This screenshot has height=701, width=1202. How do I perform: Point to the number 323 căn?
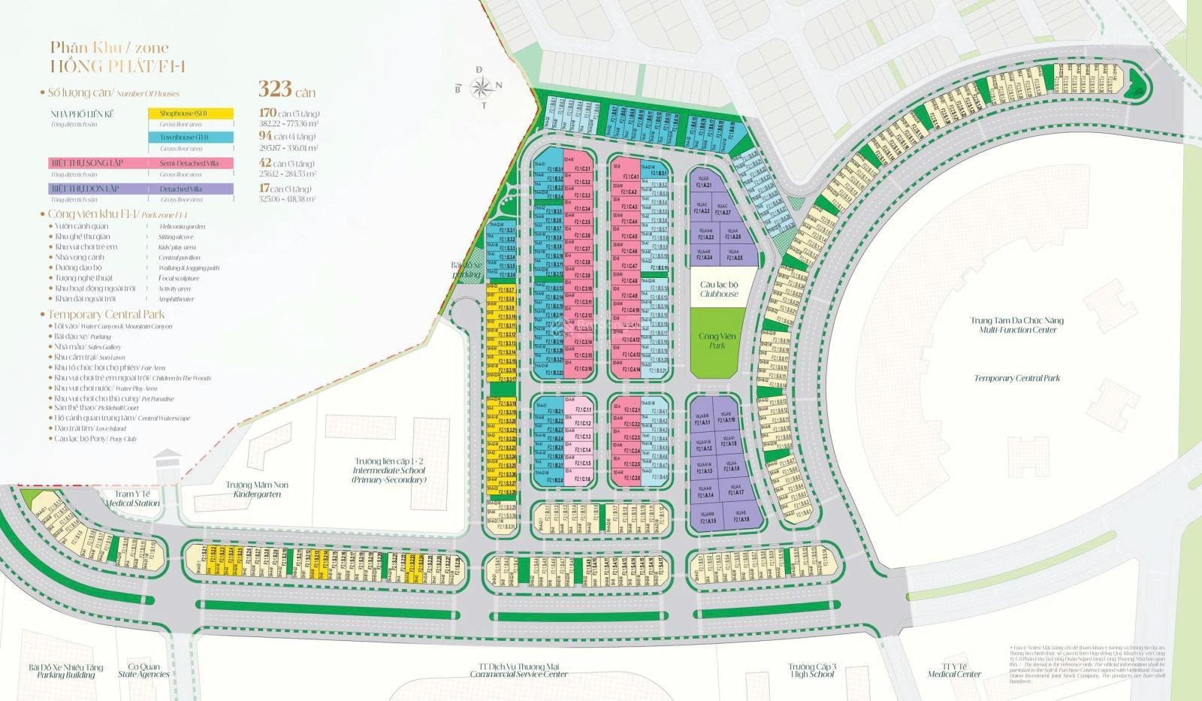point(286,89)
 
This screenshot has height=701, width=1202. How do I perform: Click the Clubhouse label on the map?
point(718,289)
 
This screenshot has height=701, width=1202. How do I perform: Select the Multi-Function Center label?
point(1016,325)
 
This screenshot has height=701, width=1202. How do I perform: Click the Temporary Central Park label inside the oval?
point(1016,378)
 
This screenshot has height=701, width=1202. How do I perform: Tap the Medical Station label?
point(132,499)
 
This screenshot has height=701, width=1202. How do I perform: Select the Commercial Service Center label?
point(518,670)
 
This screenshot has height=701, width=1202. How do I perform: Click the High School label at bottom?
point(811,670)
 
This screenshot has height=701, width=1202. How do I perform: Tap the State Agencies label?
point(143,671)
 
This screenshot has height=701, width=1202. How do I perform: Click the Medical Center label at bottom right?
point(954,670)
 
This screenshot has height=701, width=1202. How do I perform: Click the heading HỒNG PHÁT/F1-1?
point(117,66)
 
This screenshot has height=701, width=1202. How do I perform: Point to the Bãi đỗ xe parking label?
point(465,270)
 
